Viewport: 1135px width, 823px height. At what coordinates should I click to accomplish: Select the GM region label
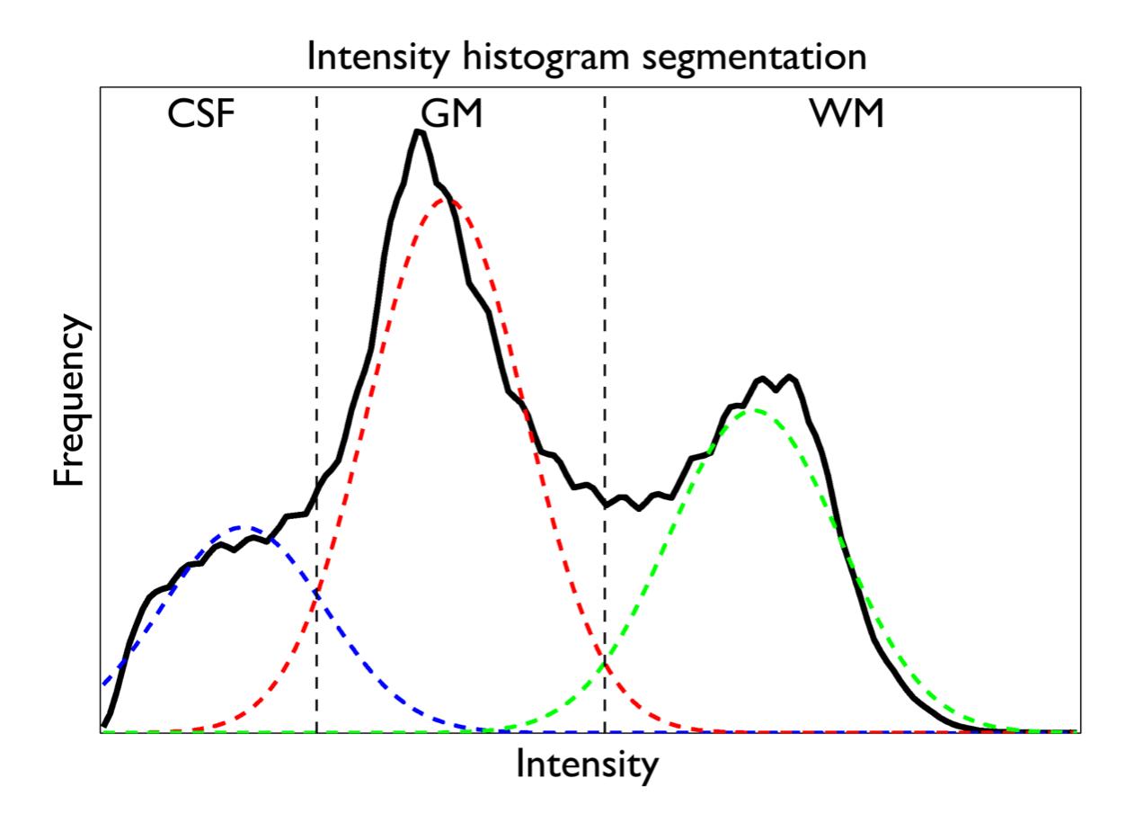tap(451, 117)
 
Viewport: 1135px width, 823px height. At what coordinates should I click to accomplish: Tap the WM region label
tap(853, 117)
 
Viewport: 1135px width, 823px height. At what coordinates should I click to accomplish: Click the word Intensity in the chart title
tap(377, 58)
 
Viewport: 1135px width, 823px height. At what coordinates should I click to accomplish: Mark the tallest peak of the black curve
tap(418, 132)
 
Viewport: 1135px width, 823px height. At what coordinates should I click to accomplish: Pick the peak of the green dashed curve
tap(753, 410)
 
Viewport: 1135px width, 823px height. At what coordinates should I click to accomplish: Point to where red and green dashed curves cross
tap(605, 665)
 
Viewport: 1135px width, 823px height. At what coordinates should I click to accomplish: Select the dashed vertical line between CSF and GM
tap(316, 270)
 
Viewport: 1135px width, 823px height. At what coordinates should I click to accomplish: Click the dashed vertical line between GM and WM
tap(605, 270)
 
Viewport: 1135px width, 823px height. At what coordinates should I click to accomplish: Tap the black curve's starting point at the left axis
tap(104, 724)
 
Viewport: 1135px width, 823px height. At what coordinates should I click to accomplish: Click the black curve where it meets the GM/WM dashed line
tap(605, 505)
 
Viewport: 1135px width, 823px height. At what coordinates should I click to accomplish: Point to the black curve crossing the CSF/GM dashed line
tap(316, 497)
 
